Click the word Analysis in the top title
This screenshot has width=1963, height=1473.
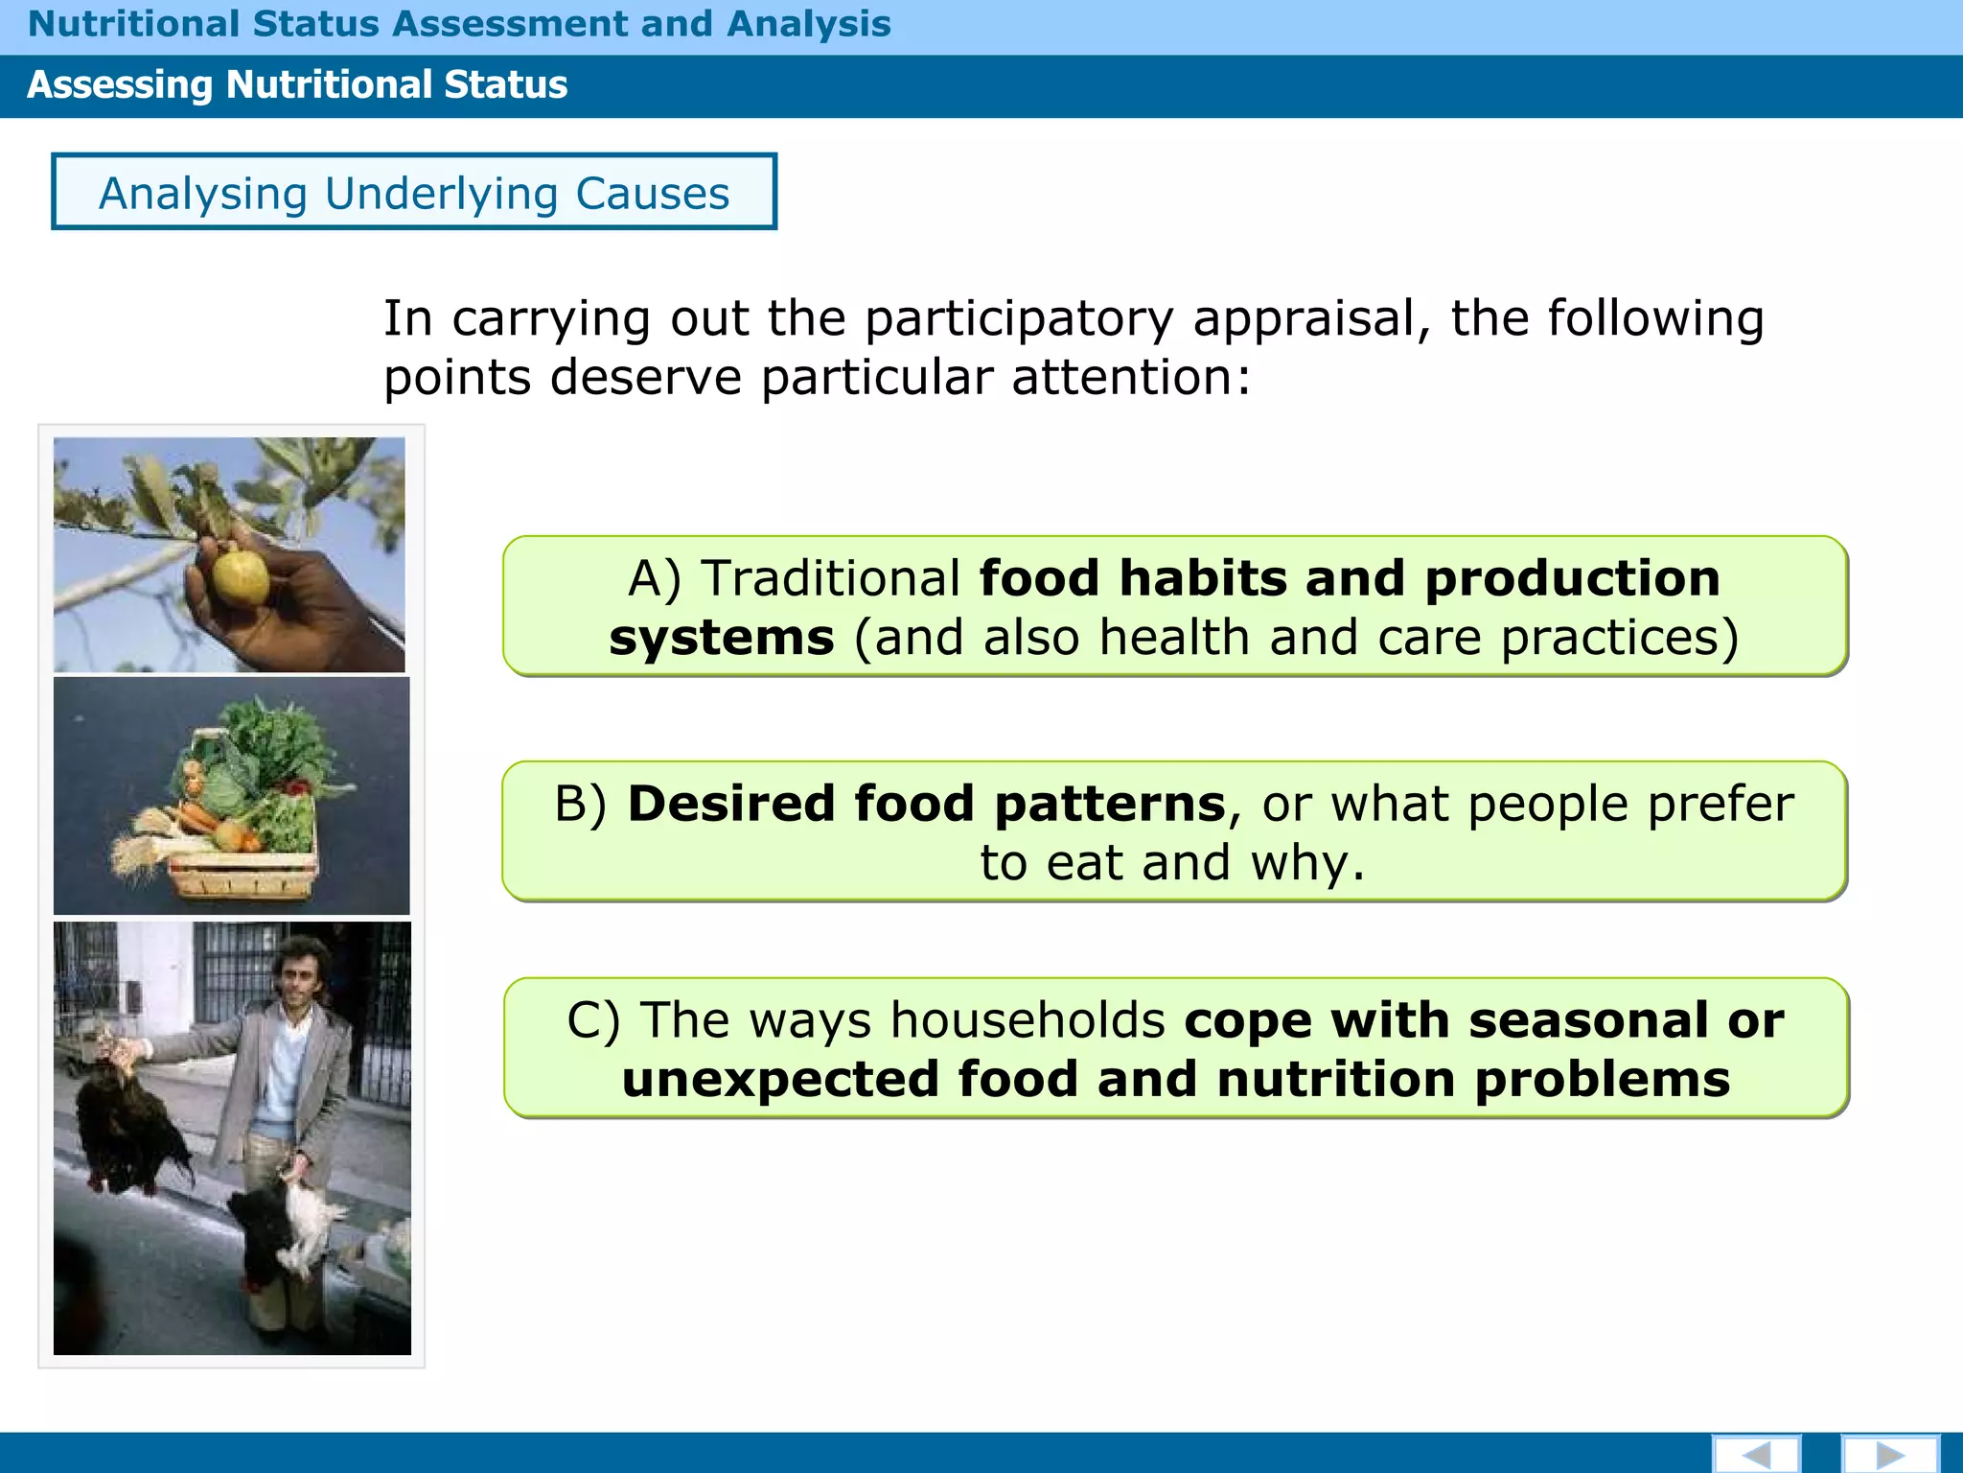(808, 24)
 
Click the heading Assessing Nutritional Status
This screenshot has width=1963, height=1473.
(297, 85)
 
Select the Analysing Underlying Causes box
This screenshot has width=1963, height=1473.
(414, 192)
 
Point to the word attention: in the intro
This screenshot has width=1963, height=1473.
(1131, 377)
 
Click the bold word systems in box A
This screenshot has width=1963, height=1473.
(722, 639)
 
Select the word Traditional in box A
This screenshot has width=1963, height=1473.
(830, 579)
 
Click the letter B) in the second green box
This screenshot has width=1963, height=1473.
(581, 804)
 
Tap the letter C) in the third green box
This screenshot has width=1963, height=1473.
(593, 1020)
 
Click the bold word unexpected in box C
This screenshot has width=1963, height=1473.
(780, 1080)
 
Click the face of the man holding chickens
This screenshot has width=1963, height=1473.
(299, 970)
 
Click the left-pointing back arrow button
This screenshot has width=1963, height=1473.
(1756, 1454)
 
